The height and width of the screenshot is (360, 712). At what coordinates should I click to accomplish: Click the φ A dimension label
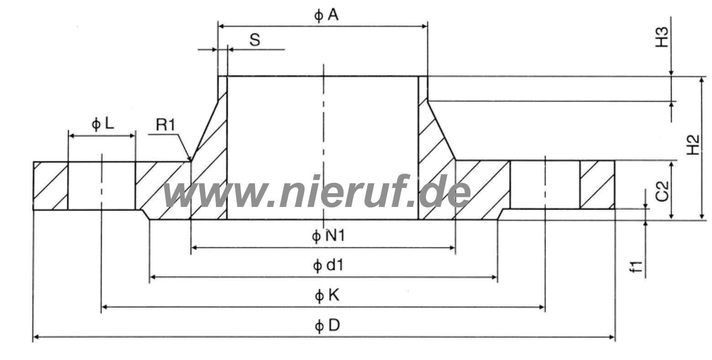tap(326, 16)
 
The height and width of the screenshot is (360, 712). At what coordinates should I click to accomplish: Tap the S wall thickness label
tap(255, 40)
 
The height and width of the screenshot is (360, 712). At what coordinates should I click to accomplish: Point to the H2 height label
tap(693, 144)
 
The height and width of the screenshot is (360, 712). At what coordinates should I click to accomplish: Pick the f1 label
tap(636, 266)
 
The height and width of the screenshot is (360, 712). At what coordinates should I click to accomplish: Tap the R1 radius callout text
tap(165, 125)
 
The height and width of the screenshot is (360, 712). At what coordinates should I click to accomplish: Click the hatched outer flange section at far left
tap(50, 185)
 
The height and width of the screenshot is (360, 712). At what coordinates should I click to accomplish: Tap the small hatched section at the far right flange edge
tap(597, 185)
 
